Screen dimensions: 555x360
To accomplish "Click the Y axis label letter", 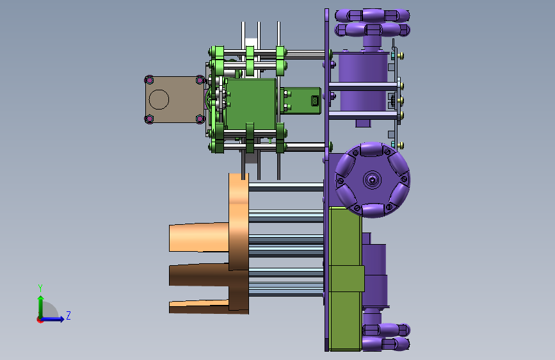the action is [40, 288].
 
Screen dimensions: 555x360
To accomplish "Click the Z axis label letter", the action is [68, 315].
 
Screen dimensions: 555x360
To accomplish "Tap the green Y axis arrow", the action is [41, 307].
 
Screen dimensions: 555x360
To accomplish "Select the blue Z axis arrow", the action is [52, 319].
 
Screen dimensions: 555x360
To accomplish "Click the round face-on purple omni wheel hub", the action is [373, 179].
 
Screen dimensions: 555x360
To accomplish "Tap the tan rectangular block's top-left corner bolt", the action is [149, 79].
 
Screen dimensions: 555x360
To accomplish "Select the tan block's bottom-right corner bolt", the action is [200, 119].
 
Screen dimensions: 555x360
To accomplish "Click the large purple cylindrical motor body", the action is [363, 81].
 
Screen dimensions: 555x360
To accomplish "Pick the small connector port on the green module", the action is [316, 101].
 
